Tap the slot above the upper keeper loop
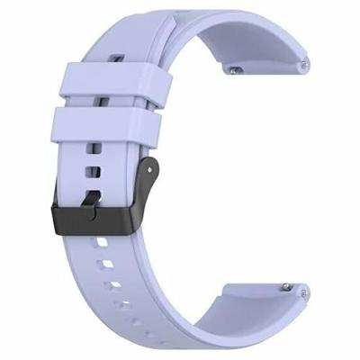click(115, 60)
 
